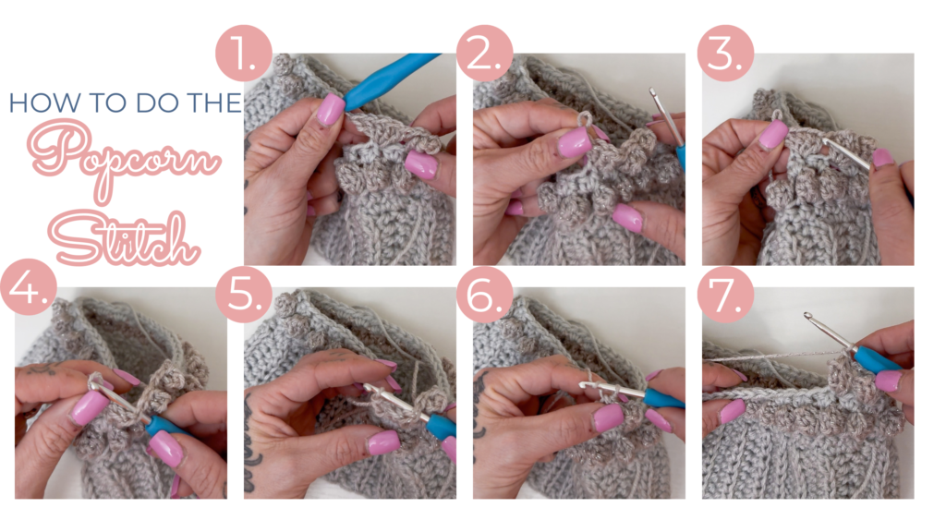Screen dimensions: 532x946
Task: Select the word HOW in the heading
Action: coord(37,103)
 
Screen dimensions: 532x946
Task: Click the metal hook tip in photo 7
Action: coord(809,319)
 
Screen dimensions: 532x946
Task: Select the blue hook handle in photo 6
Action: coord(663,398)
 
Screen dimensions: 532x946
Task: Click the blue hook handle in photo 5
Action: coord(440,425)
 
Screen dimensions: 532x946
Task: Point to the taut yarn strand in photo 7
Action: coord(767,357)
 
